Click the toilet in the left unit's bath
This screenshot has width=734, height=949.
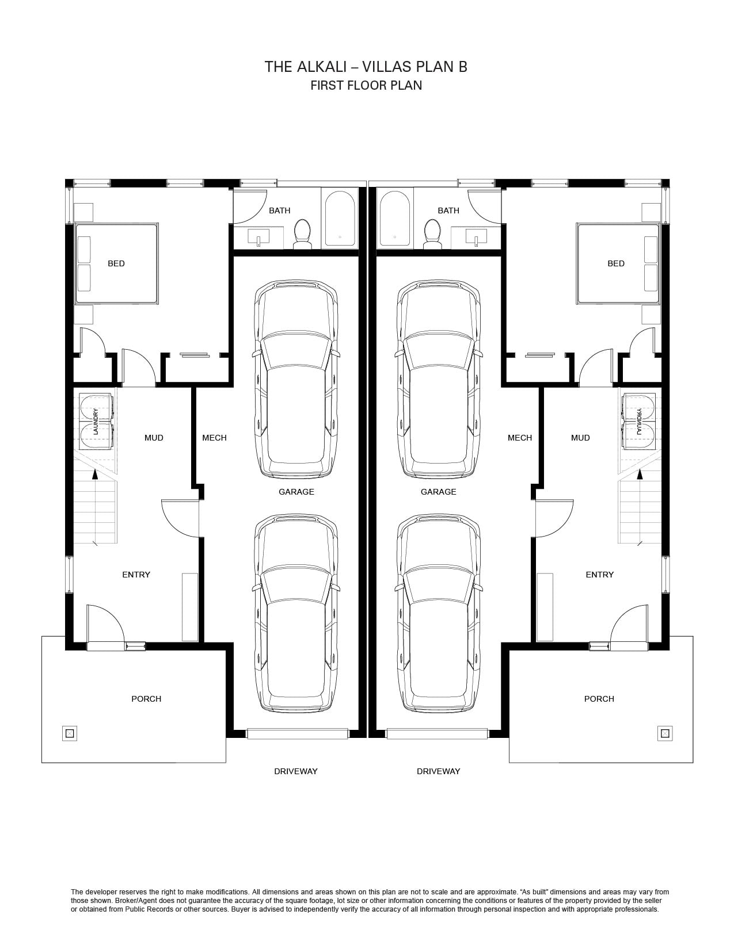(x=302, y=234)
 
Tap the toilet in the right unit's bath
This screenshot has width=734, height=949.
(x=432, y=234)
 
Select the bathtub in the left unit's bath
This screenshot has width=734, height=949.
(x=340, y=219)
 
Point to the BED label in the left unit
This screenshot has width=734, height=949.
(x=116, y=263)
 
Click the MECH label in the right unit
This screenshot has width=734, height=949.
(x=520, y=438)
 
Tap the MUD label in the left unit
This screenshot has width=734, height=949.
(x=154, y=438)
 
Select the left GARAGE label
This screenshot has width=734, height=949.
(x=296, y=492)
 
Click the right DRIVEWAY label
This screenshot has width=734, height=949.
(x=439, y=771)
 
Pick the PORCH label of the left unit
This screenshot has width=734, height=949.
(x=146, y=699)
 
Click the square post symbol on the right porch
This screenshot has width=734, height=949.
(x=665, y=733)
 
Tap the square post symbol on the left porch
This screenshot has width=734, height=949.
(x=70, y=733)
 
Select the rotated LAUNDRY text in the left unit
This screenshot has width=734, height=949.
(x=96, y=422)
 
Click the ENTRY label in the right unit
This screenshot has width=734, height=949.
(x=600, y=575)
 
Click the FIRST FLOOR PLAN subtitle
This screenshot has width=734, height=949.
(x=366, y=86)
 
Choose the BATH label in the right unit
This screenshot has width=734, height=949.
(x=448, y=211)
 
